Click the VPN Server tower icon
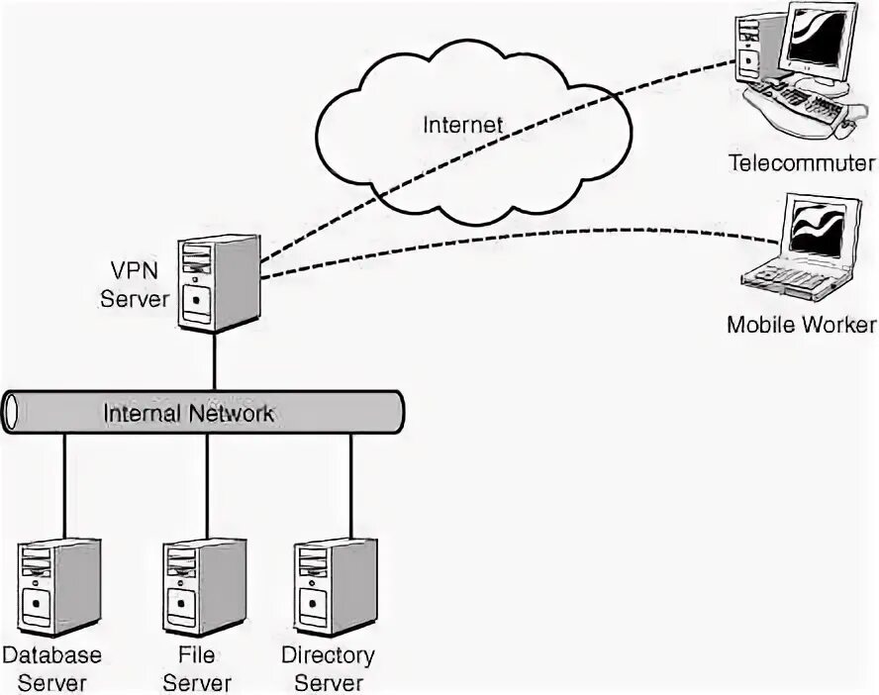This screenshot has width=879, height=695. click(x=219, y=283)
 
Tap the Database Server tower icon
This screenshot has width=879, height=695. click(x=59, y=587)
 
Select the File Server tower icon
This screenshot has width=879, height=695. click(x=205, y=587)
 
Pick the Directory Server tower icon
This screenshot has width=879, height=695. click(x=336, y=587)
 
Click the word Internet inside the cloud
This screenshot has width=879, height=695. click(x=462, y=125)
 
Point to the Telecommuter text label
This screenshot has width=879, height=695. click(x=802, y=163)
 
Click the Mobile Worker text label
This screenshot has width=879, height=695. click(x=801, y=325)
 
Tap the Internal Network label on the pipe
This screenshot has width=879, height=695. click(x=188, y=413)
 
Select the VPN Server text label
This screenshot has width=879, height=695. click(x=135, y=284)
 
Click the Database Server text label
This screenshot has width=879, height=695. click(x=52, y=668)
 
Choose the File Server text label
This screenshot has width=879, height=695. click(x=197, y=668)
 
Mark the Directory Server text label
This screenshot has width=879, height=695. click(x=328, y=668)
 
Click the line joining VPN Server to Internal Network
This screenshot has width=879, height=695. click(x=215, y=361)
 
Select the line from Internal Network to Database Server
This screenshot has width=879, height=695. click(x=64, y=486)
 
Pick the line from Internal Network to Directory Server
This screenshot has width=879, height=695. click(x=351, y=486)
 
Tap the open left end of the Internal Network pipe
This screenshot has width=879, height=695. click(x=11, y=413)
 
